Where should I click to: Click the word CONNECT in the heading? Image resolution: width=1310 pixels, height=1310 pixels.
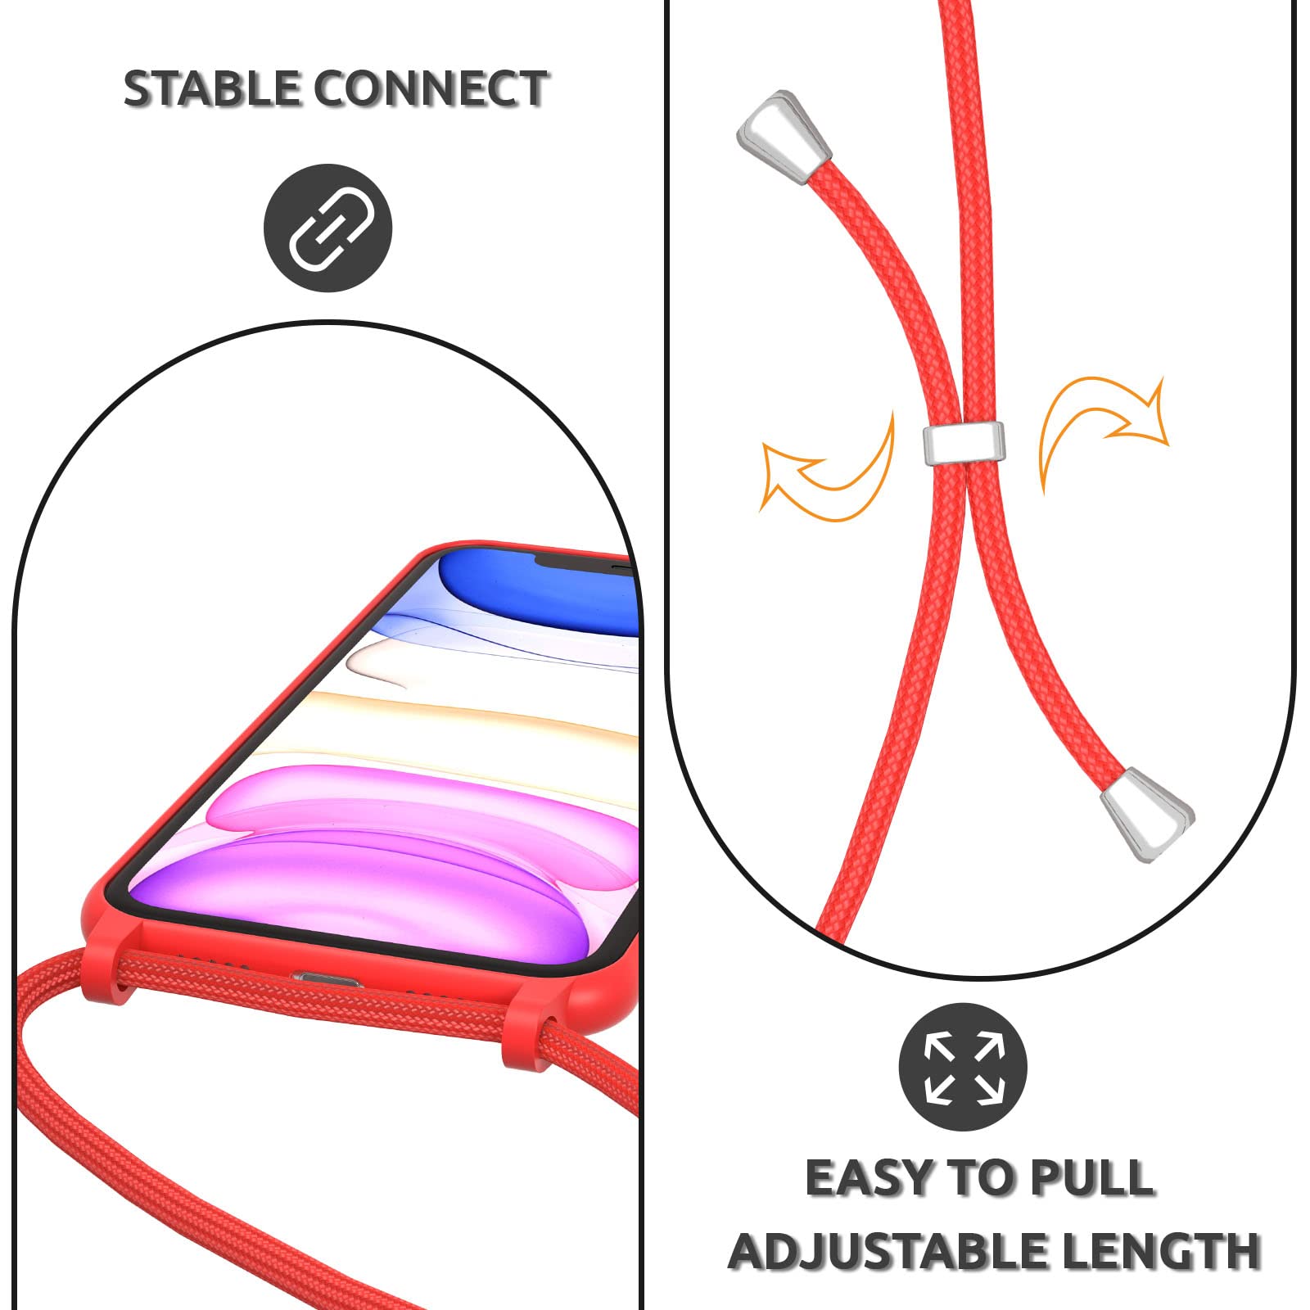point(432,88)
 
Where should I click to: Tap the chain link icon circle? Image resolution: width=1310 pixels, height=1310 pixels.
point(328,228)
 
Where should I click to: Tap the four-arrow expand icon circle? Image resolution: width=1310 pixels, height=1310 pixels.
point(963,1067)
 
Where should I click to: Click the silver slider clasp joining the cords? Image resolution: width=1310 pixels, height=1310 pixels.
point(964,442)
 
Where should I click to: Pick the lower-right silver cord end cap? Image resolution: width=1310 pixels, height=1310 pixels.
point(1146,813)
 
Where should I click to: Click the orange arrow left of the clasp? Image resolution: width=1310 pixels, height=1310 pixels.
point(831,471)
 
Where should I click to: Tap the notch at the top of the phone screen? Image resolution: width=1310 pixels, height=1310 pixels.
point(585,562)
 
